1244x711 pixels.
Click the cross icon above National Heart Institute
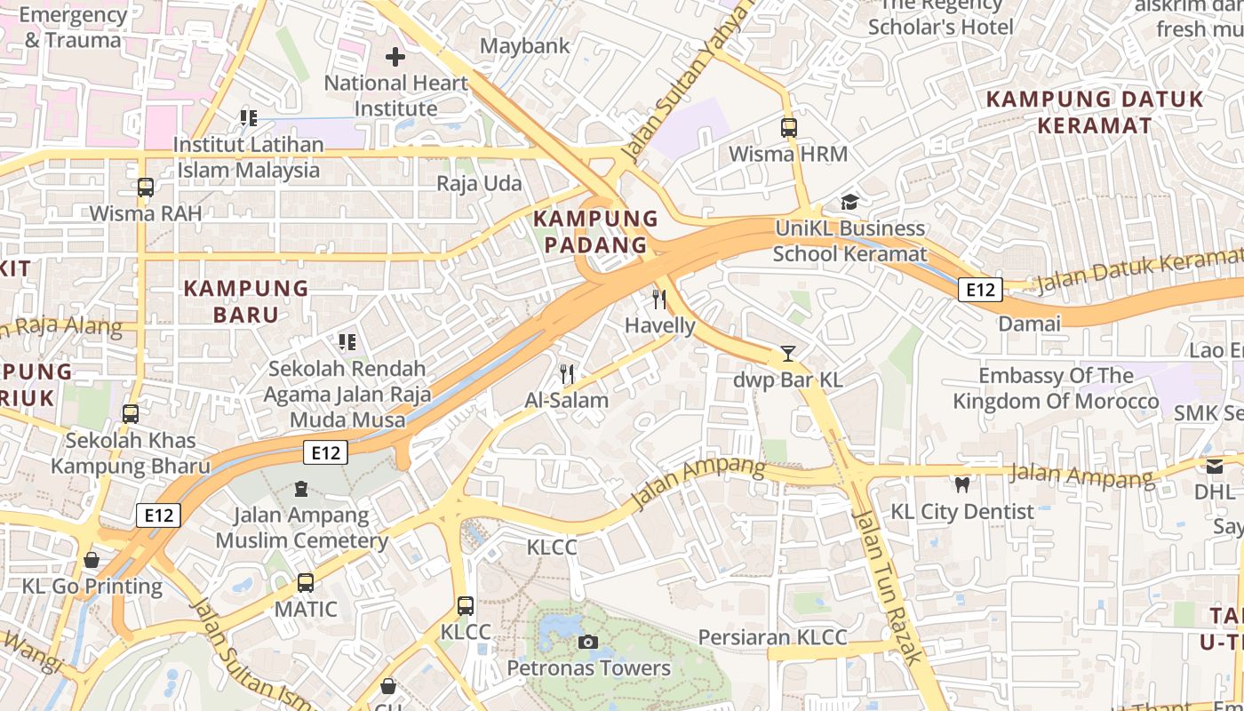[x=395, y=58]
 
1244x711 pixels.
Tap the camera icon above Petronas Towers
[x=587, y=642]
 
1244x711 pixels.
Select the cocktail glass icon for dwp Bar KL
[x=787, y=354]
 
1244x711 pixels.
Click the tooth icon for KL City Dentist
[x=961, y=485]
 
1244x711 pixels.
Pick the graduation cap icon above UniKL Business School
[x=849, y=203]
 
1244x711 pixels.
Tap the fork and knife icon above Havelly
[x=659, y=300]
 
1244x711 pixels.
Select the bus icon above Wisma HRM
[x=788, y=128]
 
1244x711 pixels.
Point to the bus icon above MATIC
[x=306, y=583]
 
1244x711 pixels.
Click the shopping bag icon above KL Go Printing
[x=92, y=560]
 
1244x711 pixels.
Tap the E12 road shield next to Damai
[x=981, y=289]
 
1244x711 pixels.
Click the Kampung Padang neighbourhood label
[x=595, y=231]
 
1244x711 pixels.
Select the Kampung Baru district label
[x=246, y=301]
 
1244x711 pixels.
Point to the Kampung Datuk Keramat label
[x=1095, y=112]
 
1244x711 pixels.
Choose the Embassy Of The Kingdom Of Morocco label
[x=1056, y=388]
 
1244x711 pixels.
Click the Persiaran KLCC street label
[x=772, y=637]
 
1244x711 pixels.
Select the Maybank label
[x=525, y=45]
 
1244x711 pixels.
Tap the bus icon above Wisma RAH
[x=146, y=188]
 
